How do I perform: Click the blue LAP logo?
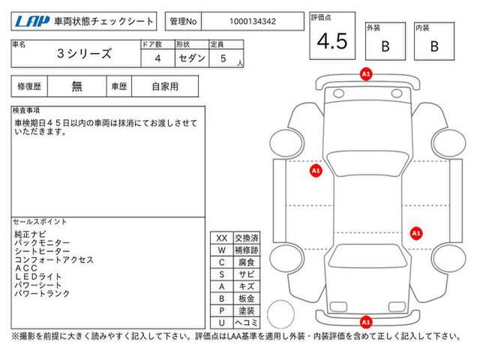[x=32, y=22]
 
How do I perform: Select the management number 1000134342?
[x=253, y=22]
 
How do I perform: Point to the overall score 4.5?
[x=332, y=41]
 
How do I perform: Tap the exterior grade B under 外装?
[x=385, y=46]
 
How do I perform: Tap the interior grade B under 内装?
[x=434, y=46]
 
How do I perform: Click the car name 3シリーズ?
[x=84, y=53]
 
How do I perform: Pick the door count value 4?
[x=157, y=58]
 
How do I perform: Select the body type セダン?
[x=192, y=58]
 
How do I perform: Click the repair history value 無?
[x=76, y=86]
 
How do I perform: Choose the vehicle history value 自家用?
[x=165, y=87]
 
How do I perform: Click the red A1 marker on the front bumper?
[x=366, y=74]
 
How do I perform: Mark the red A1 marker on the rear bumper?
[x=366, y=322]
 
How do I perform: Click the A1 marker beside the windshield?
[x=316, y=170]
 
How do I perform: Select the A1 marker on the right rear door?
[x=416, y=233]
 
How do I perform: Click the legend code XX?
[x=222, y=238]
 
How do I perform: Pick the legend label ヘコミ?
[x=247, y=322]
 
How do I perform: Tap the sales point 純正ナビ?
[x=30, y=235]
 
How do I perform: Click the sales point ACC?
[x=26, y=268]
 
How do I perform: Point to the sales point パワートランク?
[x=42, y=293]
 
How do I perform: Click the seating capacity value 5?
[x=223, y=58]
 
